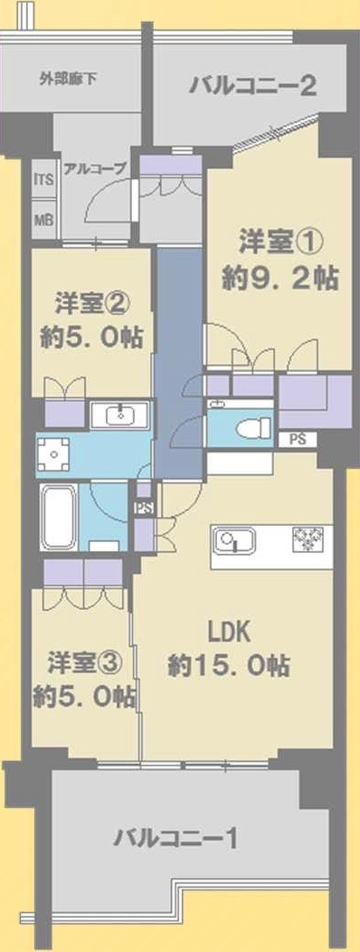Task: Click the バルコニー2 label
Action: tap(252, 85)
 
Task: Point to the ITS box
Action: tap(43, 180)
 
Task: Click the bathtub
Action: tap(58, 517)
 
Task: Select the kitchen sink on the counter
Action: tap(235, 539)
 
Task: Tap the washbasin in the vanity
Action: tap(121, 416)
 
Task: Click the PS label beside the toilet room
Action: tap(297, 440)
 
